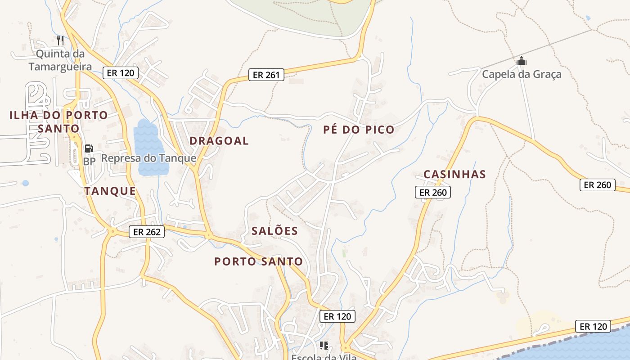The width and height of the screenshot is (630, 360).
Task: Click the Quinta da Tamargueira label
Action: click(x=60, y=60)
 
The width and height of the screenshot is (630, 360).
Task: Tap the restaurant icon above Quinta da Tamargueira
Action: click(x=60, y=40)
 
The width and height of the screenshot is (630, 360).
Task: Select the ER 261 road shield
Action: click(x=266, y=75)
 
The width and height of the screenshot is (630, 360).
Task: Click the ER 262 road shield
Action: click(x=147, y=232)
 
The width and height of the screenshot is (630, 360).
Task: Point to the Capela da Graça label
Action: click(x=522, y=74)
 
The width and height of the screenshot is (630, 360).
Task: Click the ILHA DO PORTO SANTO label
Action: click(x=58, y=121)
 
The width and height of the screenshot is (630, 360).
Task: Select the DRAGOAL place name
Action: click(x=219, y=141)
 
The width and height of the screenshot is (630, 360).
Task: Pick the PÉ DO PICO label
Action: click(x=359, y=130)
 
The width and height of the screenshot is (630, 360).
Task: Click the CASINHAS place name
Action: click(x=454, y=174)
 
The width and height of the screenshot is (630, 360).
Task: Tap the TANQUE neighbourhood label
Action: click(x=110, y=191)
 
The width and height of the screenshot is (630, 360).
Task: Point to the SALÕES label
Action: click(x=274, y=231)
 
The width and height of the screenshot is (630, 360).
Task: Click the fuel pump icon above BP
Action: click(x=89, y=148)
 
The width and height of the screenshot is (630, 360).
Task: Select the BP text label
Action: click(x=89, y=161)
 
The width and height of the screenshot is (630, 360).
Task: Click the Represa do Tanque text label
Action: click(x=148, y=158)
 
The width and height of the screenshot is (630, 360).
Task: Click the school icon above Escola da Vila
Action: click(x=324, y=346)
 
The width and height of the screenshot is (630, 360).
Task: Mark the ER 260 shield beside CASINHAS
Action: click(x=432, y=193)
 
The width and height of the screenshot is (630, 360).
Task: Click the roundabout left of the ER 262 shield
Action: click(x=112, y=231)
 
